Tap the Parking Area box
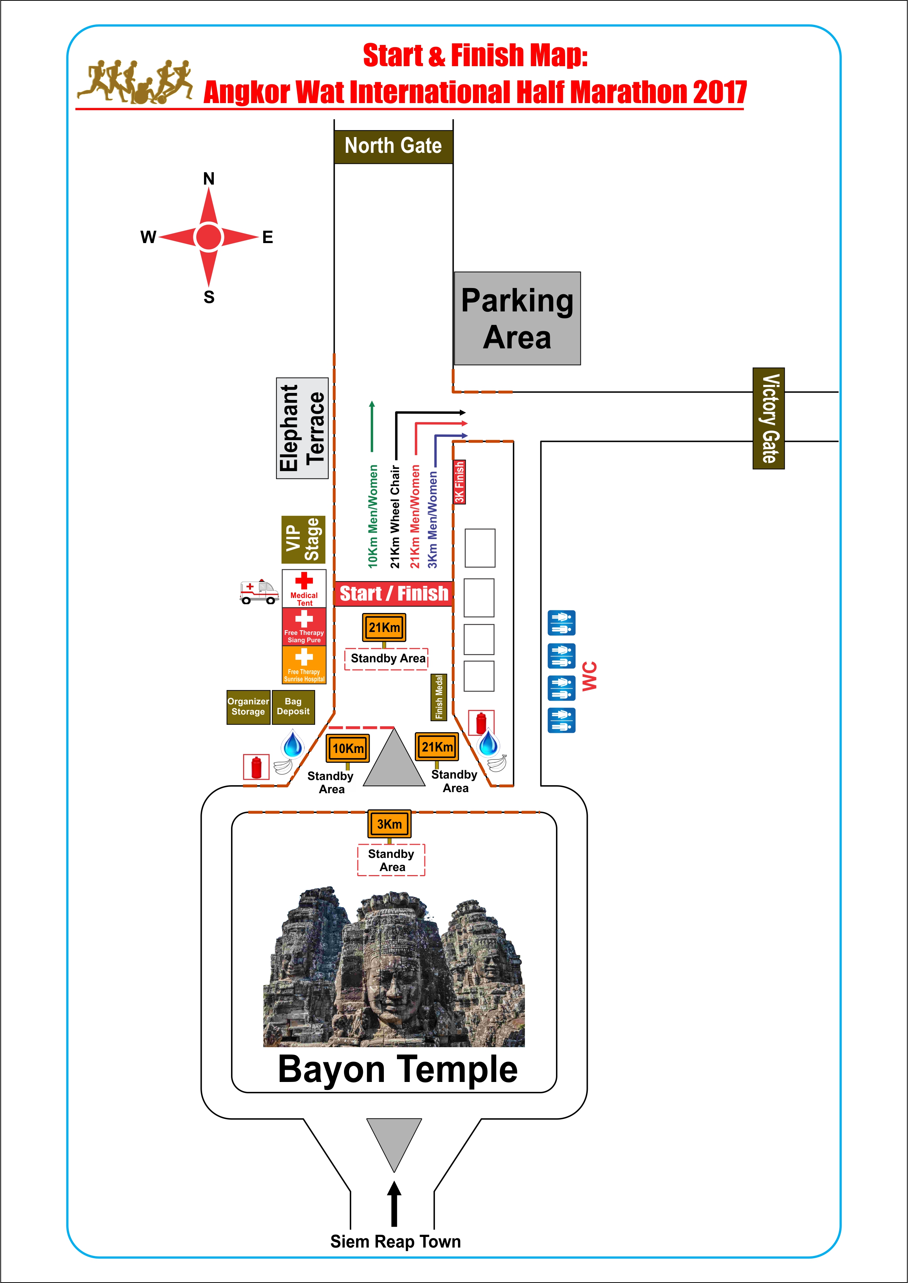pos(517,319)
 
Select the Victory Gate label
pos(769,418)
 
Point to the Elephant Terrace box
pos(302,428)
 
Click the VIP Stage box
pos(303,540)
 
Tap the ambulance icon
pos(259,591)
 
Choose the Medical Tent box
pos(304,588)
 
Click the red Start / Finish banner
pos(394,594)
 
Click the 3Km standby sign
pos(389,824)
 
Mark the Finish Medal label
pos(439,697)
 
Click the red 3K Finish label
pos(459,482)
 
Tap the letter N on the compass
pos(209,179)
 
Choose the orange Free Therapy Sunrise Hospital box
pos(304,665)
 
